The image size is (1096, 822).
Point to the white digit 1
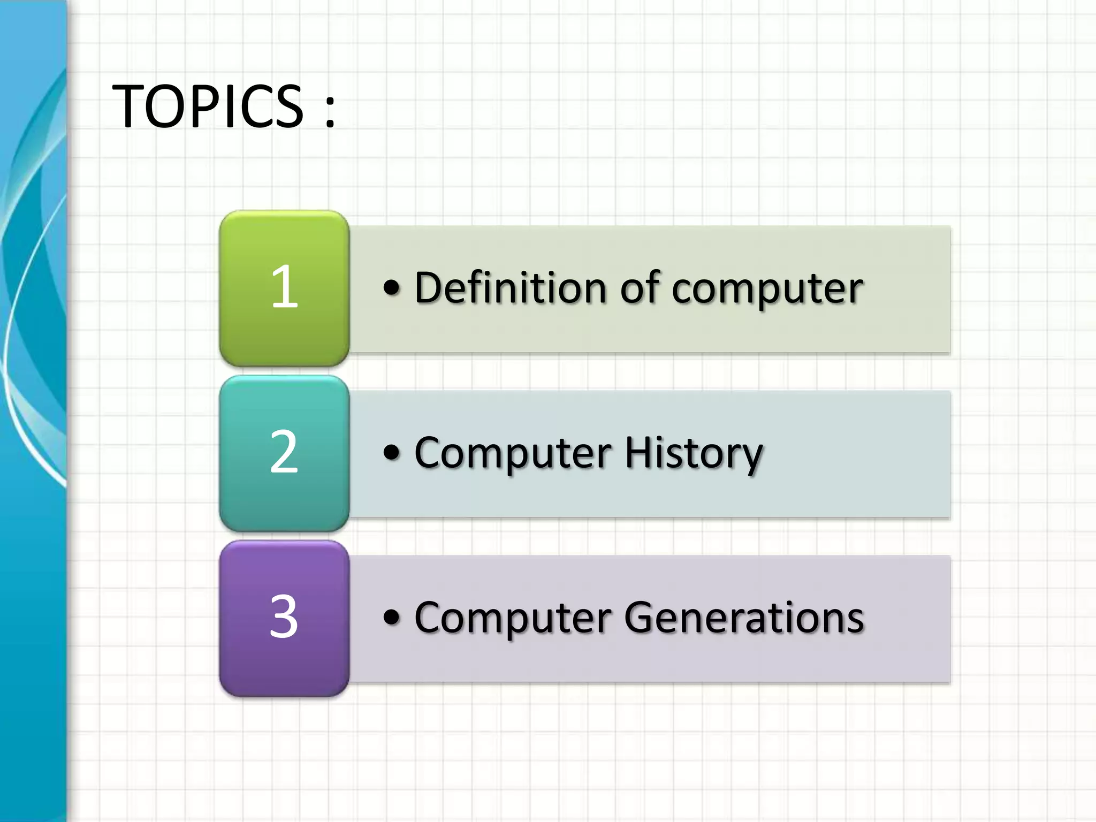[284, 287]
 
